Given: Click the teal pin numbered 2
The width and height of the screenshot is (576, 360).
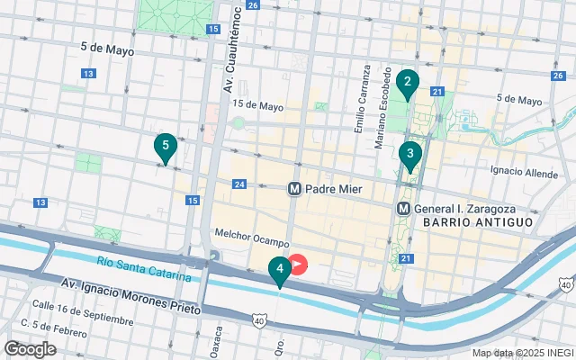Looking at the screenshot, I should pyautogui.click(x=407, y=85).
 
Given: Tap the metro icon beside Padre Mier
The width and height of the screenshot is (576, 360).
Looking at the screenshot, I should pyautogui.click(x=294, y=189).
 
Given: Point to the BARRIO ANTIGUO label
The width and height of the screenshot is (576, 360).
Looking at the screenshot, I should pyautogui.click(x=484, y=221).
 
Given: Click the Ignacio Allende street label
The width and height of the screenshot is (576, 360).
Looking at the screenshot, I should pyautogui.click(x=524, y=169).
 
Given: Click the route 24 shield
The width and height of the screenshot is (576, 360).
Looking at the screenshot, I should pyautogui.click(x=238, y=184).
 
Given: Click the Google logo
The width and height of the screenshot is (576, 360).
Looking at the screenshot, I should pyautogui.click(x=30, y=348).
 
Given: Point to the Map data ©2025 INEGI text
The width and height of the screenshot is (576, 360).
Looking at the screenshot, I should pyautogui.click(x=522, y=353).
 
